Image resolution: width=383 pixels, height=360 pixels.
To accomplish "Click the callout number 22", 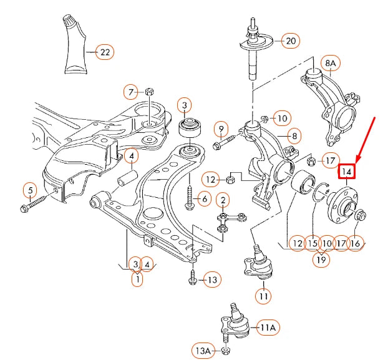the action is point(105,52).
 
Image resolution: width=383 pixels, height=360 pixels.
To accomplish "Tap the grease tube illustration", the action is point(75,44).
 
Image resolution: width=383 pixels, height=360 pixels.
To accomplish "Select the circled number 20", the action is point(291,41).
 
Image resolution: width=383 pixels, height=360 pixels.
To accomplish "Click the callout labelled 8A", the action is point(331,63).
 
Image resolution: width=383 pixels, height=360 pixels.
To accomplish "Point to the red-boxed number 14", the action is point(347,172).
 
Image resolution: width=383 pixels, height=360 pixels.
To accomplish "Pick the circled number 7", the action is point(131,92).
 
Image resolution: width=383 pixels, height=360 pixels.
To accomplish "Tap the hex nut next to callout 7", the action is point(149,92).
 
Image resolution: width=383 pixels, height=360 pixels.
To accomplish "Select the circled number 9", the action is point(221,129).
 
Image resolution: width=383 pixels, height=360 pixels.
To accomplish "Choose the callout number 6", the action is point(205,199).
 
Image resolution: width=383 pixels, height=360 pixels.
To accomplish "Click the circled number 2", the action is point(223,200).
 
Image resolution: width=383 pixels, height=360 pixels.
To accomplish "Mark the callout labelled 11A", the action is point(267,328).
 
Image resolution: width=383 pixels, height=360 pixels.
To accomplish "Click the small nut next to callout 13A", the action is point(225,351).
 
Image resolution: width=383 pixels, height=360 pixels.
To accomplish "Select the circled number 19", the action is point(321,260).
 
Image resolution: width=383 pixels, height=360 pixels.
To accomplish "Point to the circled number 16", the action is point(356,243).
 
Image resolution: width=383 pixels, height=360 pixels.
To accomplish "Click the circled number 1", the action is point(137,278).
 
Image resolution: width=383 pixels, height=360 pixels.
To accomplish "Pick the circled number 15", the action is point(313,243).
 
